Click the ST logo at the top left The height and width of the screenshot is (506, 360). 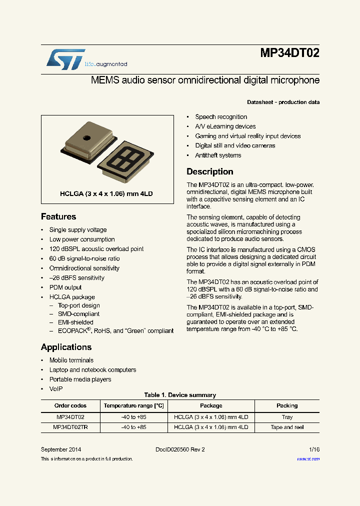click(x=65, y=59)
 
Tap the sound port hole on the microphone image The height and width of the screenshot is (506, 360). click(x=86, y=137)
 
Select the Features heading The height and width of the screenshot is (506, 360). click(x=58, y=216)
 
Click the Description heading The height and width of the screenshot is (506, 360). click(x=209, y=171)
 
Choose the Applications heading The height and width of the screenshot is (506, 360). click(x=66, y=347)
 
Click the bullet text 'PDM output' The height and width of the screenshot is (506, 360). click(x=65, y=287)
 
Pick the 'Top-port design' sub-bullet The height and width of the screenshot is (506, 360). click(x=78, y=305)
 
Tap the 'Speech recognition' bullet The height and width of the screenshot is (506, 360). click(x=221, y=117)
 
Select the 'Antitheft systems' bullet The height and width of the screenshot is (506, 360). click(x=218, y=155)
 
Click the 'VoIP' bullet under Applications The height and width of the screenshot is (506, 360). click(x=56, y=389)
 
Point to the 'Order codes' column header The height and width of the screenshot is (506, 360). click(x=70, y=405)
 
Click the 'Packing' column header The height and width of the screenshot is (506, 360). click(x=287, y=405)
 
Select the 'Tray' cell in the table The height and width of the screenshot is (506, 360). click(x=287, y=417)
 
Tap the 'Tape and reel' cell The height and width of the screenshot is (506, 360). click(x=287, y=427)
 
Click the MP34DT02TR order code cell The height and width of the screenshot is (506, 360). click(x=70, y=427)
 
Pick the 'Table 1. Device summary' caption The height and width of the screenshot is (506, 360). click(x=180, y=395)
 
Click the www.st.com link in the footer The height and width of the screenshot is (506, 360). click(x=308, y=459)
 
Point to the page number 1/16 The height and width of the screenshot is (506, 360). click(x=314, y=449)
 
